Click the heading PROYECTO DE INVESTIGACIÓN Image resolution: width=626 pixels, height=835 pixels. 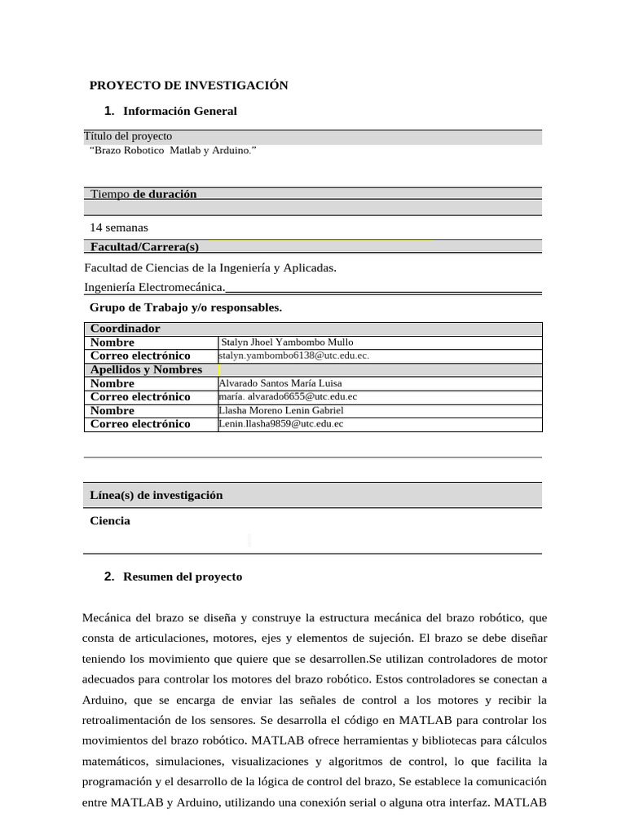tap(188, 85)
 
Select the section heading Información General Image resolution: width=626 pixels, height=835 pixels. tap(179, 111)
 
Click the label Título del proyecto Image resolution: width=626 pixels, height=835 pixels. tap(128, 136)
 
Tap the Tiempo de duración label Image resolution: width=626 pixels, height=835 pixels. tap(143, 194)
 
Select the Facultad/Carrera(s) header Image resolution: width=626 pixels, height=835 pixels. tap(144, 246)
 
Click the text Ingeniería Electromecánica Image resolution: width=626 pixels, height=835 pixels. tap(154, 287)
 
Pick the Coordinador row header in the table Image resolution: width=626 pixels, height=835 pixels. tap(125, 329)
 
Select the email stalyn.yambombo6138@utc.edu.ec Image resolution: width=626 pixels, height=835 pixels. tap(293, 356)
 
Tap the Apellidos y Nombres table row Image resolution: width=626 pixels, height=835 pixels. tap(146, 369)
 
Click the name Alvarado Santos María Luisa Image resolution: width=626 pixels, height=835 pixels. tap(280, 383)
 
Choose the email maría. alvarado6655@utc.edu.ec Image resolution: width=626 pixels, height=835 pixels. tap(288, 397)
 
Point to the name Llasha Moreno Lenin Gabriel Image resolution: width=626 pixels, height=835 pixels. tap(281, 410)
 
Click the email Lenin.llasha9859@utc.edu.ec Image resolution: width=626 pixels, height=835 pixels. tap(281, 424)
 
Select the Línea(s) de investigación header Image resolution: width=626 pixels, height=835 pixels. tap(156, 495)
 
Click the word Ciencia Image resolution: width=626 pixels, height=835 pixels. tap(110, 521)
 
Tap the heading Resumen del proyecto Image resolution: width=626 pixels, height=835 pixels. tap(183, 577)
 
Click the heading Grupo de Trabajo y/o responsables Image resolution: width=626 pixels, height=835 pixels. tap(185, 307)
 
